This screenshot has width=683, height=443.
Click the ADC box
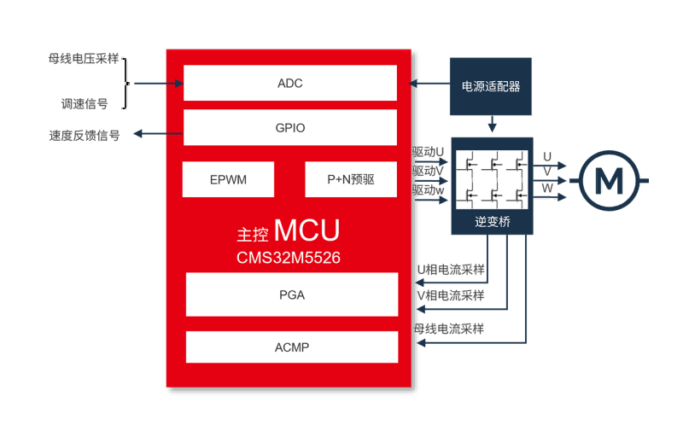(x=290, y=84)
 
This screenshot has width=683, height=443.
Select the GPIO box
(x=290, y=128)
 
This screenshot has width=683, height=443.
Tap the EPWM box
(x=228, y=180)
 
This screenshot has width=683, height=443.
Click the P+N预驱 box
(x=351, y=180)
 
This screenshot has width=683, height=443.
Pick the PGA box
(x=292, y=295)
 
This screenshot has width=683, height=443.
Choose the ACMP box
(x=292, y=347)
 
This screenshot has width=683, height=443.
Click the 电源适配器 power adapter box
(x=491, y=86)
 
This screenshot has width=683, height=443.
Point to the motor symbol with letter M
(x=610, y=179)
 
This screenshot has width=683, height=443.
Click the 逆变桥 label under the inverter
(x=492, y=220)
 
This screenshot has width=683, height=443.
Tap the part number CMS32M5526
(x=289, y=257)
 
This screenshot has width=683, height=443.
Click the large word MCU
(x=307, y=231)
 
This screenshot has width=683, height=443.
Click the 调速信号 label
(x=84, y=104)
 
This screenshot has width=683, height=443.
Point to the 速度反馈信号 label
(x=84, y=135)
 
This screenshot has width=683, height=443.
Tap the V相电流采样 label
(x=450, y=296)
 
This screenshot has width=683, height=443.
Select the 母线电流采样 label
(x=449, y=329)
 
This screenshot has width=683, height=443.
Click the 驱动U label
(x=429, y=152)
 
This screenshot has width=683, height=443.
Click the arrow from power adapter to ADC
(x=429, y=84)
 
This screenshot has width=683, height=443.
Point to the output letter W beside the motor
(x=547, y=187)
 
